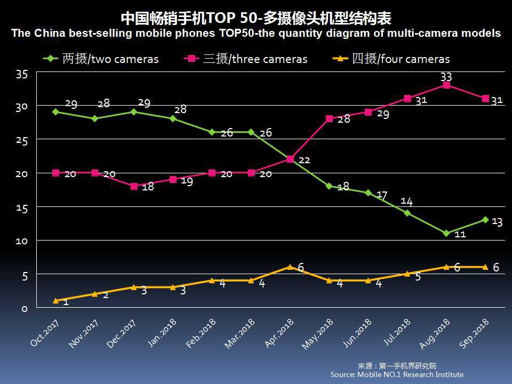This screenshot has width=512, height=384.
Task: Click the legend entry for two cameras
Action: (101, 59)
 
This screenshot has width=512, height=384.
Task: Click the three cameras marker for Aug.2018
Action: (446, 85)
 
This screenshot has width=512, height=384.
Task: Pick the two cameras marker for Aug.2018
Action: (446, 233)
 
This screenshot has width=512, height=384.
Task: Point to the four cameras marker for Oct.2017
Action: (56, 301)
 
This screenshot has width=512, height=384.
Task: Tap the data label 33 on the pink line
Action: (446, 77)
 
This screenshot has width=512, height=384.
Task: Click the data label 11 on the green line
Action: (460, 234)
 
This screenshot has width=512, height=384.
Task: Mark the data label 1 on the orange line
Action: (66, 302)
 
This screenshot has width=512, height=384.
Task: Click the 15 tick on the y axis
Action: (21, 207)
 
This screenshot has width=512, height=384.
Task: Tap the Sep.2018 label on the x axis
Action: (474, 334)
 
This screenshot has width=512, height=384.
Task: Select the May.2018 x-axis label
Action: (318, 334)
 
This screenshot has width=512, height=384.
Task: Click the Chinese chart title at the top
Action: (255, 19)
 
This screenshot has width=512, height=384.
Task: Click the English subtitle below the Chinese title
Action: (255, 34)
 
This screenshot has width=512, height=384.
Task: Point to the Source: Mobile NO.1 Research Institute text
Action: (397, 374)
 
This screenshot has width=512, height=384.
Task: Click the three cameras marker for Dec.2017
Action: (134, 186)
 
